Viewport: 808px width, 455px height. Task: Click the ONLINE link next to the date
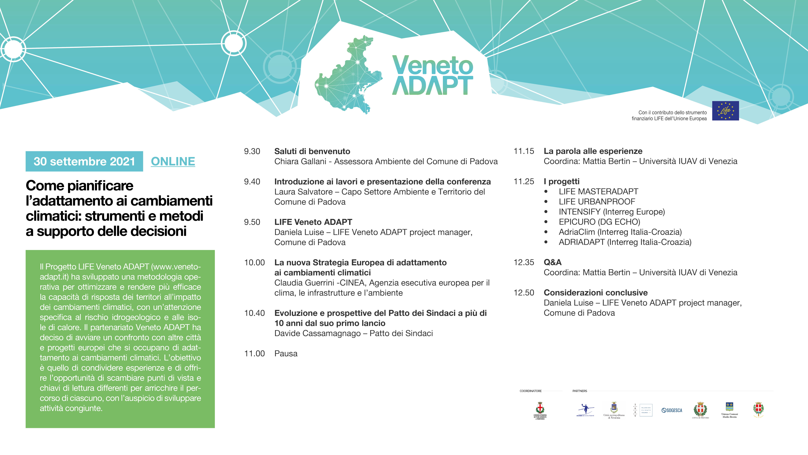point(173,161)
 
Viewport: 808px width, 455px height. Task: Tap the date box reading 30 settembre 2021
point(84,161)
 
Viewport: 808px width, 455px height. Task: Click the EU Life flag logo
point(725,111)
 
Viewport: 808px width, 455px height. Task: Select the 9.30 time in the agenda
point(252,151)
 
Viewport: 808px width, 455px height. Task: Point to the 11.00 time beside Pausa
point(254,354)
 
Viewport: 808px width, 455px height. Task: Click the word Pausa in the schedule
point(286,354)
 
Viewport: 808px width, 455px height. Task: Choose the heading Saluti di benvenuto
point(312,151)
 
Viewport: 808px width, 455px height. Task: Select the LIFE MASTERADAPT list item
point(598,192)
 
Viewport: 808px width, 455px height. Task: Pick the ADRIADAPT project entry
point(625,242)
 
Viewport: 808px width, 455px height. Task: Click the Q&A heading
point(552,262)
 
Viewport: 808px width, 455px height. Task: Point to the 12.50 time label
point(523,293)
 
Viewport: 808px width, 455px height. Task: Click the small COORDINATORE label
point(530,391)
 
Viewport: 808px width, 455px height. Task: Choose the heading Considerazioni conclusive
point(595,293)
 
